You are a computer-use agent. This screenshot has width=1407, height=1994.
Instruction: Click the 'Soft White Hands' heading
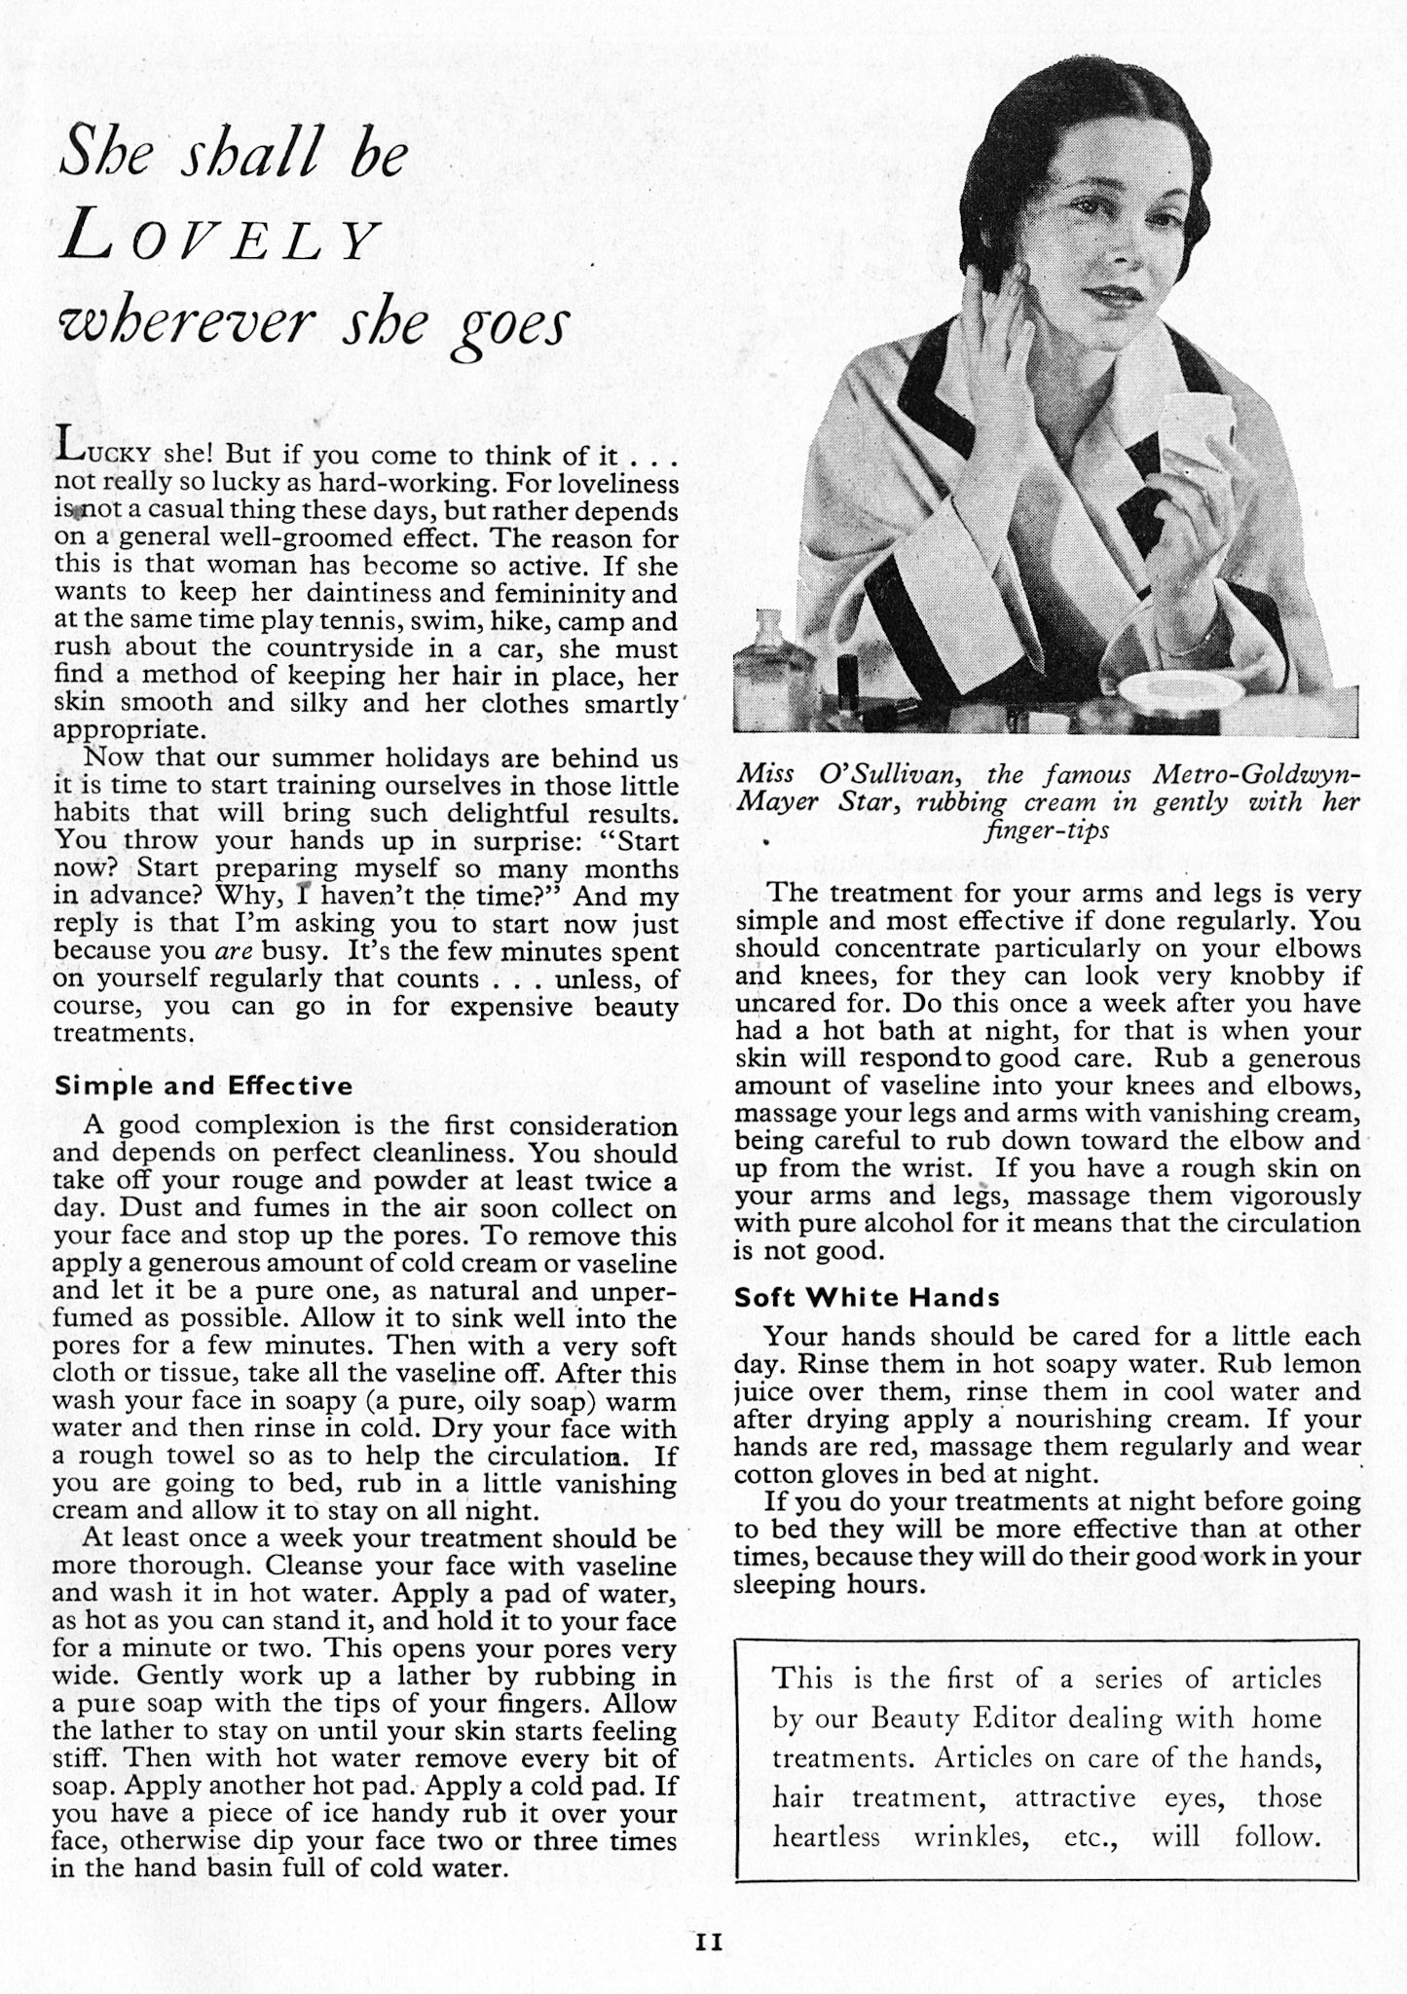point(867,1297)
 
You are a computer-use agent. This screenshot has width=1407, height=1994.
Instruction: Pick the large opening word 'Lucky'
point(103,453)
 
